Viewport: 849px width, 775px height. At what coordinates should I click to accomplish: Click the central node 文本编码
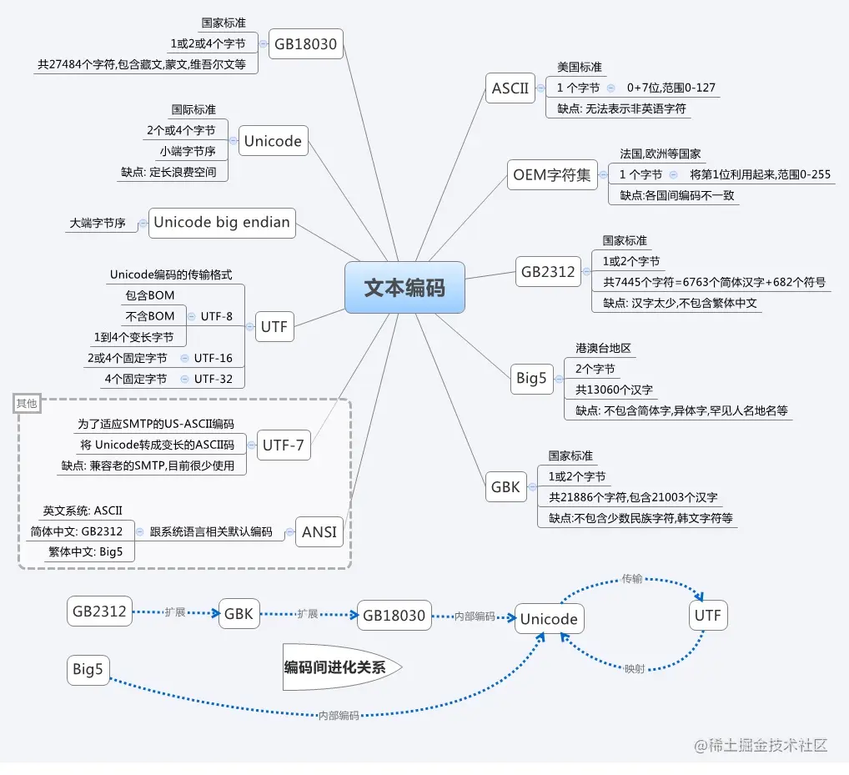404,288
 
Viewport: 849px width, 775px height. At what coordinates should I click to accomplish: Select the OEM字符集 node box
551,174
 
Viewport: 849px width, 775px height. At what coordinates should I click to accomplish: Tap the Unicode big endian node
222,222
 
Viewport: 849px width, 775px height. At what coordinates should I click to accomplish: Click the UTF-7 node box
284,445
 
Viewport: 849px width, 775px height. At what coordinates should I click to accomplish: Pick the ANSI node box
319,532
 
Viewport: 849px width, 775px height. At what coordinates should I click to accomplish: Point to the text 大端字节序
98,224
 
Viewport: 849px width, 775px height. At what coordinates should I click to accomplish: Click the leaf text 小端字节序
188,152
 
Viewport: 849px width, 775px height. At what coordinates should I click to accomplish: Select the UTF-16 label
214,358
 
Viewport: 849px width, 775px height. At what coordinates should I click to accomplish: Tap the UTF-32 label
214,379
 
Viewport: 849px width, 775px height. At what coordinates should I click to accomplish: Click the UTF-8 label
217,316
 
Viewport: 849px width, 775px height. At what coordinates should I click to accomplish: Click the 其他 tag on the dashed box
27,404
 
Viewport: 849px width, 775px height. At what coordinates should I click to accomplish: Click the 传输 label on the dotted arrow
632,578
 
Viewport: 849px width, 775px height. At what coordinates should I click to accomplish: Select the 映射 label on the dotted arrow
635,669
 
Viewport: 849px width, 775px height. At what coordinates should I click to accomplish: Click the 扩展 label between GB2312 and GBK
175,612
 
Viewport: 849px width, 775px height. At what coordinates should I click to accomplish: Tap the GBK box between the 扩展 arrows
239,615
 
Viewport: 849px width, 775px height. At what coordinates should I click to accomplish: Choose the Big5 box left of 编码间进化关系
88,669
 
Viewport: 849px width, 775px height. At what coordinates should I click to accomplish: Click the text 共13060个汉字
614,390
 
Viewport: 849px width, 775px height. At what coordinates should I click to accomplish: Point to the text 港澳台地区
602,348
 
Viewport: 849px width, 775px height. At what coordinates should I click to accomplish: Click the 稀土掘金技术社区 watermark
761,745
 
